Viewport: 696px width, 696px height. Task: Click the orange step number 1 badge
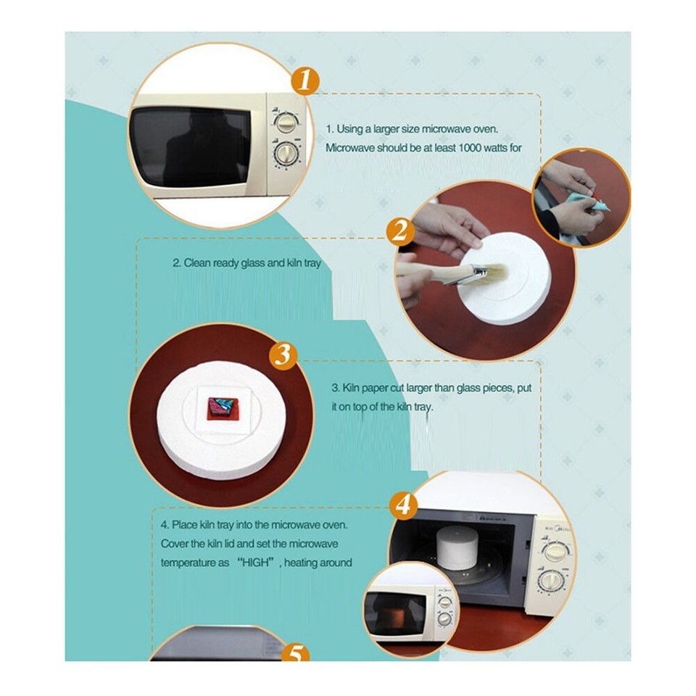coord(306,81)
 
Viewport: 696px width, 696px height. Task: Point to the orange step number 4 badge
coord(405,505)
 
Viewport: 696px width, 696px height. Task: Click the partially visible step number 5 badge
coord(295,653)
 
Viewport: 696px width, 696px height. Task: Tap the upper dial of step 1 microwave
coord(286,120)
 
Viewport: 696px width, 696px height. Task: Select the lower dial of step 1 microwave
coord(286,154)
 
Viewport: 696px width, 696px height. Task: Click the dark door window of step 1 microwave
coord(190,147)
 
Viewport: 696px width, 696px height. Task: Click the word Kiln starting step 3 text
coord(352,389)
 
